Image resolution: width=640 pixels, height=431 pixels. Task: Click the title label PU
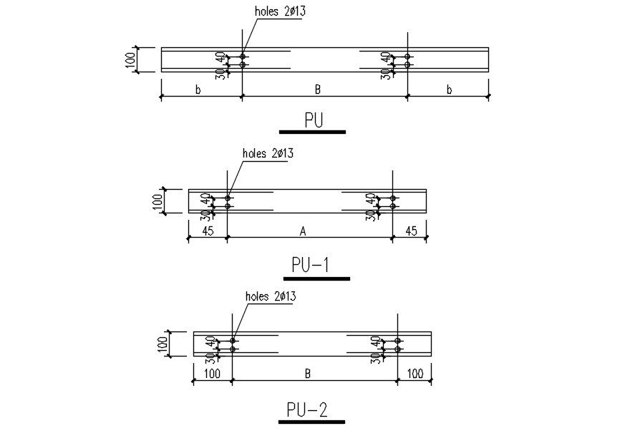pyautogui.click(x=314, y=120)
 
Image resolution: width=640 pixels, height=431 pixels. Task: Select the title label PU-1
pyautogui.click(x=310, y=266)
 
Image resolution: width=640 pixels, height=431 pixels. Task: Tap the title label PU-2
pyautogui.click(x=306, y=410)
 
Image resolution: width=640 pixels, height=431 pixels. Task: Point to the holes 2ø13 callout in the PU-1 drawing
pyautogui.click(x=268, y=152)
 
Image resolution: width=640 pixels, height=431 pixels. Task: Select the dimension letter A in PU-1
pyautogui.click(x=303, y=231)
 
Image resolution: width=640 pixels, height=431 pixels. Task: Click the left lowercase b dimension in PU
pyautogui.click(x=198, y=90)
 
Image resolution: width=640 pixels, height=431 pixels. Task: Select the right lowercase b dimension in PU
pyautogui.click(x=450, y=90)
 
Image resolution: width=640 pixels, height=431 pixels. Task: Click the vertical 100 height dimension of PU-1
pyautogui.click(x=157, y=201)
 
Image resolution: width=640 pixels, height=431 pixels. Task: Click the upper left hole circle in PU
pyautogui.click(x=243, y=56)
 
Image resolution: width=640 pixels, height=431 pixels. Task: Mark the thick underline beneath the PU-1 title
pyautogui.click(x=315, y=278)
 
